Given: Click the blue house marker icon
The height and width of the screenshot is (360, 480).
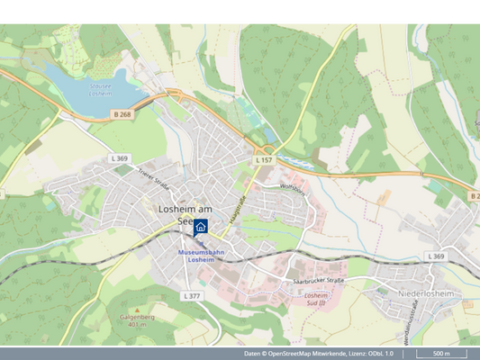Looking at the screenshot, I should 201,228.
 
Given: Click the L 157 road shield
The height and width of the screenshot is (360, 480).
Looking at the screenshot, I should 263,159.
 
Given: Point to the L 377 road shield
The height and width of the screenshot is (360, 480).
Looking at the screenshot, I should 192,295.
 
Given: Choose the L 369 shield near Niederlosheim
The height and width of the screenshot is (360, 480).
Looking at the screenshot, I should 436,256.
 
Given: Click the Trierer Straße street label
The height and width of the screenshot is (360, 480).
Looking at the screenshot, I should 153,177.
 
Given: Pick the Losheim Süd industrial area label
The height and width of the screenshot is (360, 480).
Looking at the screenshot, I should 315,300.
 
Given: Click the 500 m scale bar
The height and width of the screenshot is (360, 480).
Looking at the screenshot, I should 441,354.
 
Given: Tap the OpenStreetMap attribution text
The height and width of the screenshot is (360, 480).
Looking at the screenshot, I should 319,354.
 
